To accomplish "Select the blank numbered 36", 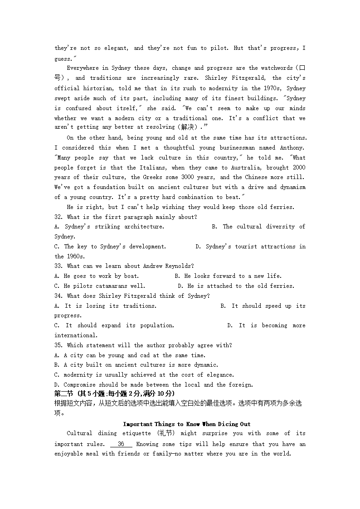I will pos(121,445).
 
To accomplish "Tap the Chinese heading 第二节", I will pos(64,393).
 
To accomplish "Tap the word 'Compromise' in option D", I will pos(80,385).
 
